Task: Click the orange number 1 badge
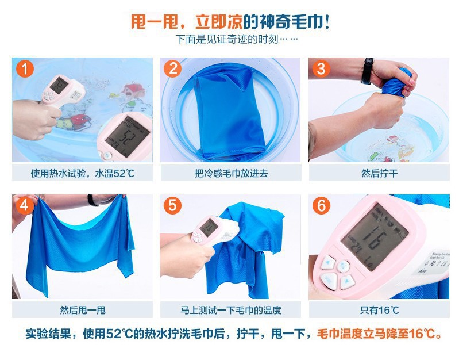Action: pyautogui.click(x=24, y=69)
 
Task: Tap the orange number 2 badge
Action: pyautogui.click(x=172, y=69)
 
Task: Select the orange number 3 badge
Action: pyautogui.click(x=321, y=69)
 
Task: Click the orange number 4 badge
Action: pyautogui.click(x=24, y=206)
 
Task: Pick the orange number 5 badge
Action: pyautogui.click(x=172, y=206)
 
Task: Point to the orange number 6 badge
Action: pyautogui.click(x=321, y=206)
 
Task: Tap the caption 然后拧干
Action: pyautogui.click(x=379, y=173)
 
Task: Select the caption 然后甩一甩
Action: pyautogui.click(x=83, y=310)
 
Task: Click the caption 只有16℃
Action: pyautogui.click(x=379, y=310)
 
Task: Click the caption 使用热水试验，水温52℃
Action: pyautogui.click(x=83, y=173)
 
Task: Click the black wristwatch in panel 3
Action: pyautogui.click(x=367, y=70)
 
